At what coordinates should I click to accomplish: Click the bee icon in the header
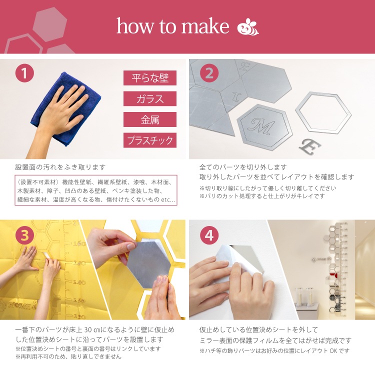click(x=248, y=27)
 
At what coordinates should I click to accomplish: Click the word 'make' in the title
click(x=205, y=26)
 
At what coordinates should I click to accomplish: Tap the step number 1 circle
click(x=24, y=73)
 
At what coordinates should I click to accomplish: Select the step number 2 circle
click(x=209, y=73)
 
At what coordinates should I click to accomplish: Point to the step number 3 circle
click(x=24, y=235)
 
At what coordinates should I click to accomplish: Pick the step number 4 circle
click(x=209, y=235)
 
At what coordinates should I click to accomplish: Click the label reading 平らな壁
click(x=150, y=77)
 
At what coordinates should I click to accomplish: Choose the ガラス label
click(x=150, y=98)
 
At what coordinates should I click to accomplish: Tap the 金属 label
click(x=150, y=119)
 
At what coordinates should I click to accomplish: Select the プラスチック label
click(x=150, y=140)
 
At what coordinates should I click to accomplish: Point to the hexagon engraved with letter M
click(x=264, y=126)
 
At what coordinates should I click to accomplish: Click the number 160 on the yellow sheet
click(x=79, y=243)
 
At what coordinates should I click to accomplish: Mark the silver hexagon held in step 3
click(x=148, y=264)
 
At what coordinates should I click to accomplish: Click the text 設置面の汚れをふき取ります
click(x=60, y=167)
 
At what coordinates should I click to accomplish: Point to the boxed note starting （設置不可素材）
click(x=96, y=190)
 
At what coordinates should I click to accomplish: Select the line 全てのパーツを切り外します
click(x=243, y=167)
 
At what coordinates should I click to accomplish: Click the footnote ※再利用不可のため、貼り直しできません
click(x=68, y=356)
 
